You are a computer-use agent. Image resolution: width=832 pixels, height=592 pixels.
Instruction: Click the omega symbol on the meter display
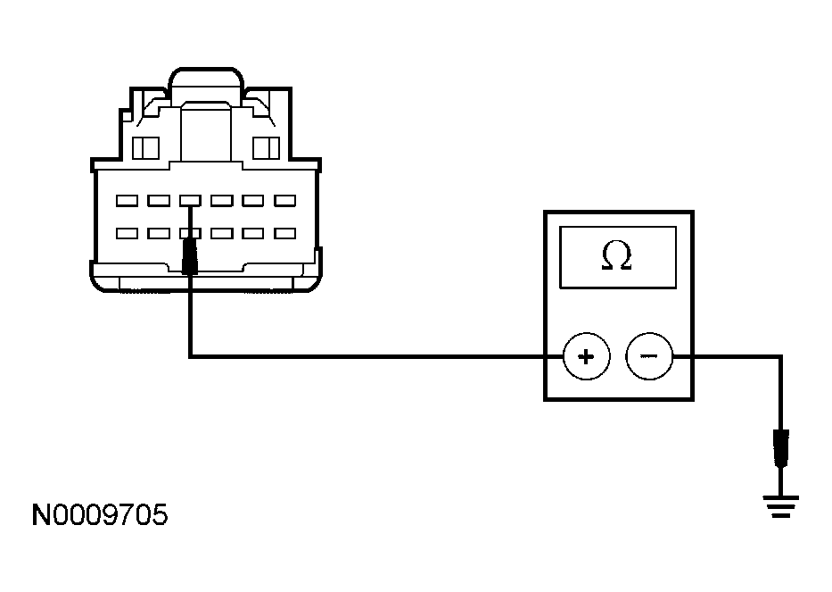[x=617, y=257]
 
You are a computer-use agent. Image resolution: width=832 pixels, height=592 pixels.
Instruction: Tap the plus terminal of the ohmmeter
[x=586, y=357]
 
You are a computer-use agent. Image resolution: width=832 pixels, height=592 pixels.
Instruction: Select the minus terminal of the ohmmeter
[x=649, y=357]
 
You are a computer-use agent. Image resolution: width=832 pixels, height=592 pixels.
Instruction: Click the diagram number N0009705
[x=99, y=516]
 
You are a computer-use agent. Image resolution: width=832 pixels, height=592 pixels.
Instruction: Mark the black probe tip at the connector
[x=190, y=256]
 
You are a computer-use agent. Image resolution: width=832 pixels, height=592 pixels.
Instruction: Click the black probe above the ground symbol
[x=782, y=448]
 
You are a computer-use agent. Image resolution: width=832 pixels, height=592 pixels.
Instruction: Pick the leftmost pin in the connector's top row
[x=127, y=201]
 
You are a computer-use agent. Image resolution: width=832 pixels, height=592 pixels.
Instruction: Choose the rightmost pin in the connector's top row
[x=284, y=201]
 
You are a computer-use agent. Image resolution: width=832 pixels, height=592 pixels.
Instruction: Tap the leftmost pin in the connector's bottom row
[x=127, y=233]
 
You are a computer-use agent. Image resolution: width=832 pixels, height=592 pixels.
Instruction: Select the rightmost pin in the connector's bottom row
[x=284, y=233]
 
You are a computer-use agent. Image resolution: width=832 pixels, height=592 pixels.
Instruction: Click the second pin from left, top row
[x=159, y=201]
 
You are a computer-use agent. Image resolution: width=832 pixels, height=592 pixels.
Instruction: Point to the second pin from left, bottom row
[x=159, y=233]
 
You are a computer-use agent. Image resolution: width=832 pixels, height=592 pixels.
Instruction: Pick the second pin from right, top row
[x=253, y=201]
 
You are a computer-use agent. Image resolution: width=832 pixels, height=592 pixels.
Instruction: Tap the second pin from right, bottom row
[x=253, y=233]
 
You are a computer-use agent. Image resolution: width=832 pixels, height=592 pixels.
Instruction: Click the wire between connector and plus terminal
[x=375, y=357]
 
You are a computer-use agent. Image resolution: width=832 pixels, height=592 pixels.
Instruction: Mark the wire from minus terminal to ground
[x=740, y=357]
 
